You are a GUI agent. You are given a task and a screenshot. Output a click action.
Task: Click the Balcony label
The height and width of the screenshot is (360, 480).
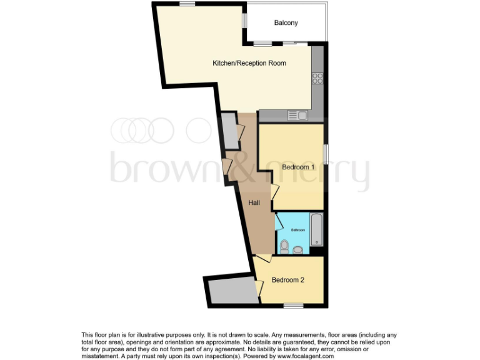286,23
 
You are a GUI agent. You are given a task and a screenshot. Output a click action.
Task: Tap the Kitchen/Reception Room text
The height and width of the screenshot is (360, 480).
249,63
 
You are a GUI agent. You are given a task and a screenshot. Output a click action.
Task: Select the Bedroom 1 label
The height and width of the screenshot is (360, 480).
297,167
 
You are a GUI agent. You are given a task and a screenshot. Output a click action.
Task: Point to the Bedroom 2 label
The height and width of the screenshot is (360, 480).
287,280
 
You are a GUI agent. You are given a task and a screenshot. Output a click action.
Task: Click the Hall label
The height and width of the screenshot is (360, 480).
254,203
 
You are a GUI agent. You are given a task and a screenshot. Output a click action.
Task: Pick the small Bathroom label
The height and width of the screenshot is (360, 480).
297,230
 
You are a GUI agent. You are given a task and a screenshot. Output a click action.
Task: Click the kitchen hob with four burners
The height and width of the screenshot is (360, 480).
317,79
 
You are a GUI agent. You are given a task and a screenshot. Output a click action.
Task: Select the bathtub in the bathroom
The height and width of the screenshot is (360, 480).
317,229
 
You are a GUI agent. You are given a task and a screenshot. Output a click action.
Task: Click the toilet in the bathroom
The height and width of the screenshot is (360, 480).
284,247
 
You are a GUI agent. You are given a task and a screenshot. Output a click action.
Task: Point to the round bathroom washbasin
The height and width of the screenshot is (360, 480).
298,250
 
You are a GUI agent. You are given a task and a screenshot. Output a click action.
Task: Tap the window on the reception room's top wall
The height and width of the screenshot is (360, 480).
187,4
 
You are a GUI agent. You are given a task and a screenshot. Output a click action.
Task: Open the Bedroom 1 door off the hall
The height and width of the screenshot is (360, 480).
274,192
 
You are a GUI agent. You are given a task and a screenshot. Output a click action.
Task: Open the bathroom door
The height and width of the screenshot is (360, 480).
279,221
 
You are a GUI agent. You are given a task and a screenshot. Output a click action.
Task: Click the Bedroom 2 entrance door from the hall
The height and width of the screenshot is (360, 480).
262,258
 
